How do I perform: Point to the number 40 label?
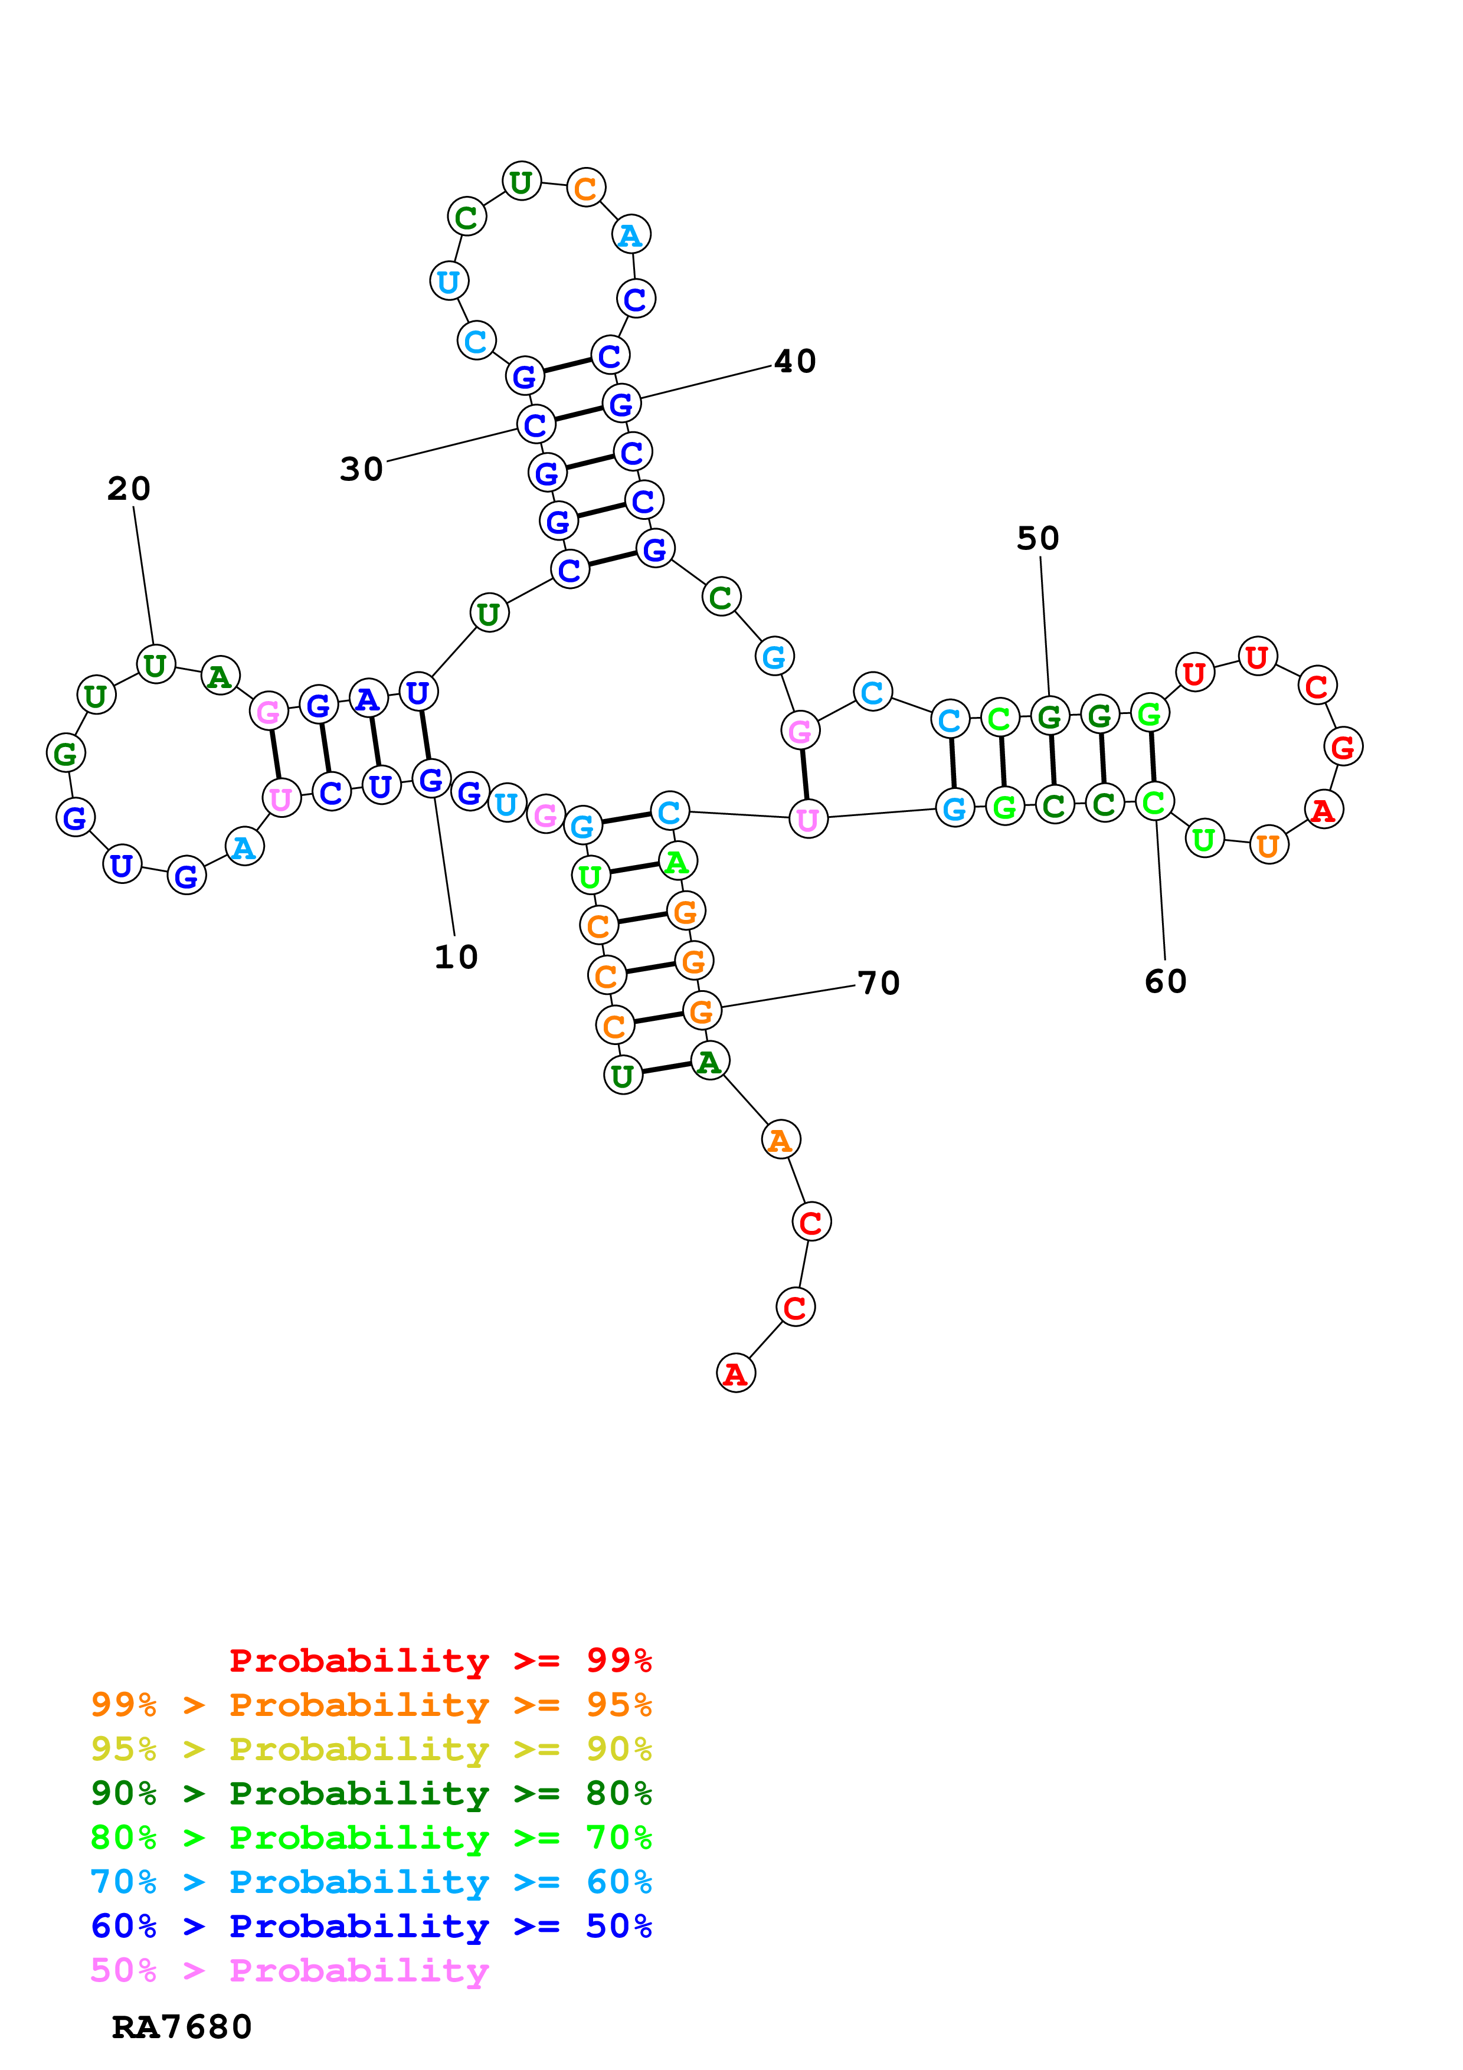coord(794,362)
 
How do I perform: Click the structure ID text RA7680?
coord(181,2027)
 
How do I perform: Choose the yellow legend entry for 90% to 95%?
coord(371,1748)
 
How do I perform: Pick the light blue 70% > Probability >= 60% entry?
coord(371,1882)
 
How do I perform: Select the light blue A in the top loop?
coord(631,235)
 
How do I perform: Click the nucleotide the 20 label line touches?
coord(155,666)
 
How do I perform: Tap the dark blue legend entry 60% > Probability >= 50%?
coord(371,1926)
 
